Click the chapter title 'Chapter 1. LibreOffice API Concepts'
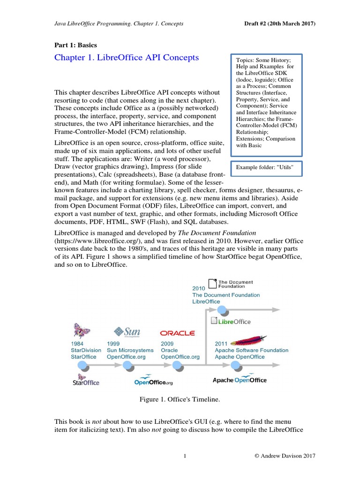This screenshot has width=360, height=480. pyautogui.click(x=127, y=58)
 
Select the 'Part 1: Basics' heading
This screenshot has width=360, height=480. pyautogui.click(x=75, y=45)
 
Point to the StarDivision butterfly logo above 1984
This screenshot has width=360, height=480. pyautogui.click(x=81, y=331)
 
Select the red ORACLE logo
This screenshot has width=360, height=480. pyautogui.click(x=177, y=333)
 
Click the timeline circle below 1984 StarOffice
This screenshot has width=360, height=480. pyautogui.click(x=82, y=366)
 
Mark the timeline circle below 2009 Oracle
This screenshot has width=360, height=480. pyautogui.click(x=177, y=366)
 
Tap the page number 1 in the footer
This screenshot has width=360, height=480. pyautogui.click(x=185, y=456)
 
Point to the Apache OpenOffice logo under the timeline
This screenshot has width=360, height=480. pyautogui.click(x=240, y=380)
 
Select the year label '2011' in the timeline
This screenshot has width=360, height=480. pyautogui.click(x=221, y=344)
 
